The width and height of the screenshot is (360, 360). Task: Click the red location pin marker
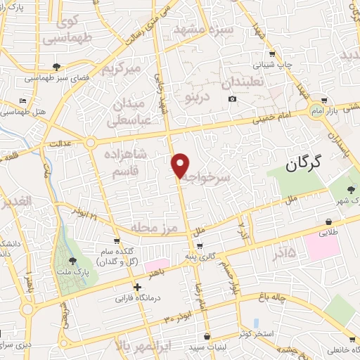[x=181, y=165]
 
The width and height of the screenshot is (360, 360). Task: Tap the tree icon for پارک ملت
[x=72, y=260]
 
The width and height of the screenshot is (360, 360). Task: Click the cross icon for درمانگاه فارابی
[x=137, y=287]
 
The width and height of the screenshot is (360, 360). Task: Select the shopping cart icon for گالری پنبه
[x=200, y=245]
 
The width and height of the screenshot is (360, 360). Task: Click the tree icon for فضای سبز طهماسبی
[x=56, y=67]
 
